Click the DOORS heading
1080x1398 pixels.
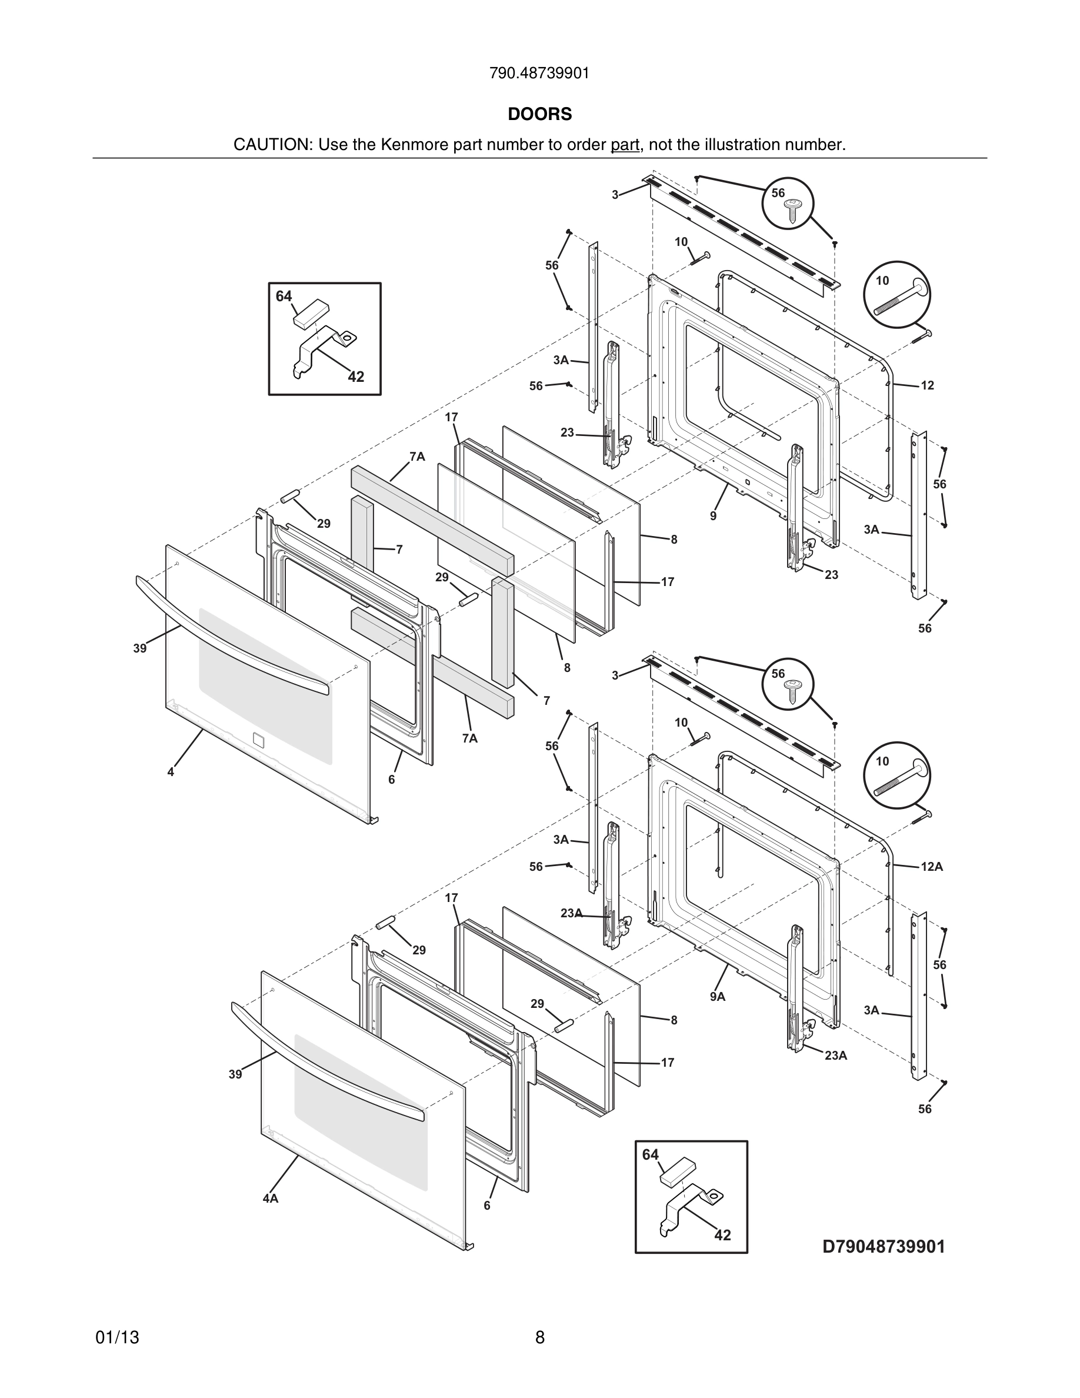pos(539,114)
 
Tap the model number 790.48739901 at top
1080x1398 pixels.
pos(539,74)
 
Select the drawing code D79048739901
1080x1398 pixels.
pos(884,1246)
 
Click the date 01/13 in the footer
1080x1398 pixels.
pos(117,1337)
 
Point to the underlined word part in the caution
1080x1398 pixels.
pos(625,145)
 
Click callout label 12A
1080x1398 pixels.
pos(932,867)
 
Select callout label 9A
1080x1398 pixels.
pos(717,997)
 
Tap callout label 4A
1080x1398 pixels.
pos(271,1199)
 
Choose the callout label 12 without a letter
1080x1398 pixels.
pos(927,385)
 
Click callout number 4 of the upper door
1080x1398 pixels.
pos(171,772)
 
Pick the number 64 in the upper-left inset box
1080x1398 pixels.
pos(284,297)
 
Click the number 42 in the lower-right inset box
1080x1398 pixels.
pos(722,1235)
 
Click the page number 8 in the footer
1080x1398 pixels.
pos(539,1337)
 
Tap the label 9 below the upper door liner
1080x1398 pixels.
pos(713,516)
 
